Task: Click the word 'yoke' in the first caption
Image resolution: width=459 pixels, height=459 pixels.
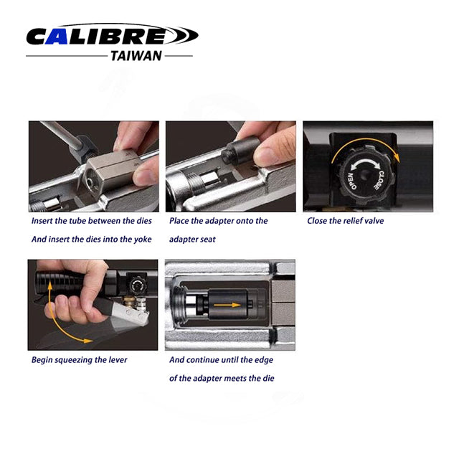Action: point(142,240)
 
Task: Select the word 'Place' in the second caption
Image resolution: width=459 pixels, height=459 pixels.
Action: point(179,221)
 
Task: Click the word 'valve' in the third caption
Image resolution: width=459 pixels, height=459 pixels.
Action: point(373,221)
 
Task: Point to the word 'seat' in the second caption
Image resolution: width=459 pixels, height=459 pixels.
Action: point(208,240)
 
